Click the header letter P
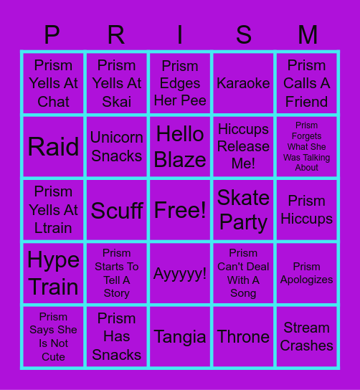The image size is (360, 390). click(52, 34)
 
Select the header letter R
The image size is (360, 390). click(116, 34)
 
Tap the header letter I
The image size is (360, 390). click(180, 34)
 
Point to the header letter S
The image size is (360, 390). click(243, 34)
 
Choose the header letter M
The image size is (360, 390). click(307, 34)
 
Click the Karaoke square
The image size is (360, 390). click(243, 83)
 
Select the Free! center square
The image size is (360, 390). click(180, 210)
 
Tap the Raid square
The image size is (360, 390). click(53, 147)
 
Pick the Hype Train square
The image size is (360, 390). click(53, 273)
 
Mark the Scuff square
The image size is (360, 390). click(117, 210)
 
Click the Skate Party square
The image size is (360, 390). click(243, 210)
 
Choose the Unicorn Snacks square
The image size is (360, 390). click(117, 147)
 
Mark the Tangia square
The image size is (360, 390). click(180, 337)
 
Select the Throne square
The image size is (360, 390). click(243, 337)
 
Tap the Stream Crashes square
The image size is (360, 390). click(307, 337)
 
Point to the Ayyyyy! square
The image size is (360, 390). click(180, 274)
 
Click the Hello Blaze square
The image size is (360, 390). click(180, 147)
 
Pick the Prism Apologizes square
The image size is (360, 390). click(307, 273)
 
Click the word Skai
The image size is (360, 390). click(117, 102)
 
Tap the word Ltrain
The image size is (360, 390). click(53, 229)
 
